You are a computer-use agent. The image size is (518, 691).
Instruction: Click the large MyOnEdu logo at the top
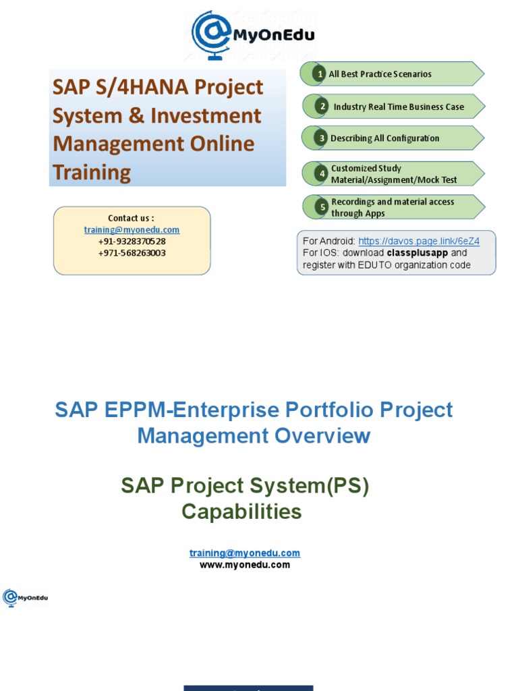(253, 34)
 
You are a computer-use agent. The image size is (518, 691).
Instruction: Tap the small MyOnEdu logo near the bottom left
(26, 598)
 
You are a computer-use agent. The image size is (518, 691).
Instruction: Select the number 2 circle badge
(322, 107)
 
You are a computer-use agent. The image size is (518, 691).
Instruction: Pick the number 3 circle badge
(322, 138)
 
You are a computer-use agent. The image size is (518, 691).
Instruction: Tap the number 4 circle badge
(322, 174)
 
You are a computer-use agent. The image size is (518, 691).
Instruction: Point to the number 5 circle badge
(322, 207)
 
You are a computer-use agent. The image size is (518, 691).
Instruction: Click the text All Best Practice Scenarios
(380, 74)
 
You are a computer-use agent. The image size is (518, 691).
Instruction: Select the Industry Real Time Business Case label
(399, 107)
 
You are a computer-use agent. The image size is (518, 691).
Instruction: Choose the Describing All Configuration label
(384, 138)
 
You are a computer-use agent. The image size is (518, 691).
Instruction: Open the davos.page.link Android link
(418, 242)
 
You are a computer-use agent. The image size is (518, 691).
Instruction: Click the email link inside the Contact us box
(132, 230)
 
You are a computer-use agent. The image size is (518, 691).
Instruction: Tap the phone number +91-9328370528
(132, 242)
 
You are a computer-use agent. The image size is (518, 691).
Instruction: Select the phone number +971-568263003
(132, 253)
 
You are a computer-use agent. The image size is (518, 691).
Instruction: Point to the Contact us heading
(132, 218)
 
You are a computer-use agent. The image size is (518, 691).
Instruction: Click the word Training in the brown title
(92, 172)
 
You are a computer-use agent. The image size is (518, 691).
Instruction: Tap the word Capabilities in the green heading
(241, 512)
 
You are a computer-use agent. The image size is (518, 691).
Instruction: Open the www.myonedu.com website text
(244, 565)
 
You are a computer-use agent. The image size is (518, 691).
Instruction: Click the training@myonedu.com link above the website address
(244, 553)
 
